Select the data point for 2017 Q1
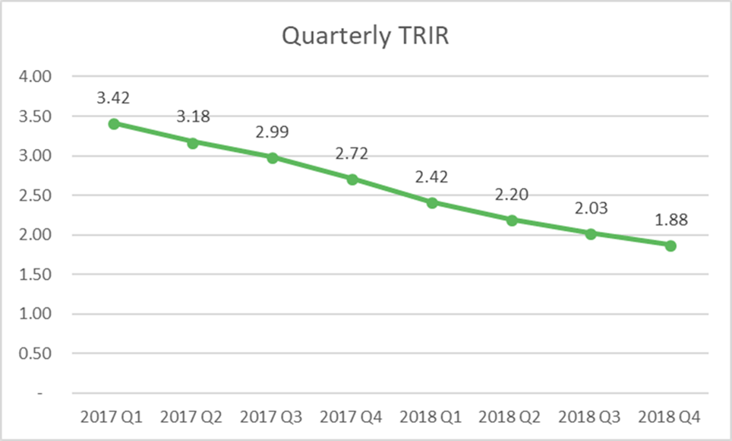click(x=114, y=123)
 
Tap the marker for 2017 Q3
click(x=273, y=157)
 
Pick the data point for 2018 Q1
click(x=432, y=203)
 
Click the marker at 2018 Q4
click(x=670, y=246)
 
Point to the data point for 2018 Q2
click(x=512, y=220)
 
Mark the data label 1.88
click(x=670, y=220)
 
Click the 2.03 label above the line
click(x=591, y=208)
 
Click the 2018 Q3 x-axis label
click(x=591, y=417)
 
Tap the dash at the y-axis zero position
click(x=41, y=394)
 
